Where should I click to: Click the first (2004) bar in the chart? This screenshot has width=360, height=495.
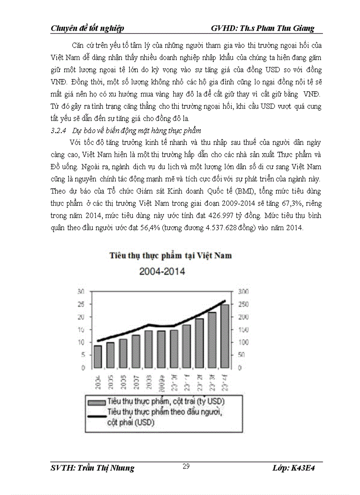(97, 357)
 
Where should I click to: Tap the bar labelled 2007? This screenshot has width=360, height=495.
(136, 351)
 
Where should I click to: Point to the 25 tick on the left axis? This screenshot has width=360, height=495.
(81, 304)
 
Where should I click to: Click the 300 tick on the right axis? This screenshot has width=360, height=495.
(244, 291)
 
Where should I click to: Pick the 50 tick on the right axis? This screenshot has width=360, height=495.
(242, 355)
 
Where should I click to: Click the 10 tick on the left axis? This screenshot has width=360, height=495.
(81, 342)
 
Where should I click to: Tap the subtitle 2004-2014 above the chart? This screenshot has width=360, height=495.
(163, 271)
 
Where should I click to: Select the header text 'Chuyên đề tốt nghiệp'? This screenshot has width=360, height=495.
(87, 28)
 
